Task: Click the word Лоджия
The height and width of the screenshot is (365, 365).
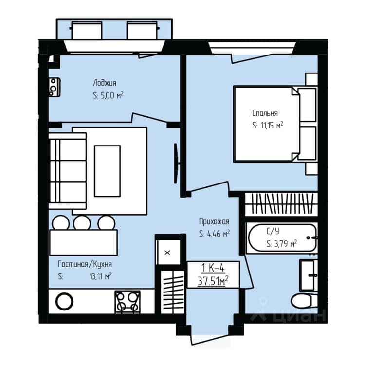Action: tap(105, 83)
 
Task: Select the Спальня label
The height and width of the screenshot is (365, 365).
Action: tap(265, 113)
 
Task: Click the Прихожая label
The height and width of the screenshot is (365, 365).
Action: tap(214, 221)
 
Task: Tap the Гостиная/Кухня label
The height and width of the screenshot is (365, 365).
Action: tap(85, 264)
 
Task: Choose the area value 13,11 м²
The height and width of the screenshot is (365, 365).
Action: tap(101, 276)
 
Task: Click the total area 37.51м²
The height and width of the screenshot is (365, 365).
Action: tap(213, 281)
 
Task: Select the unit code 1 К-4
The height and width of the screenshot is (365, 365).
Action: tap(213, 268)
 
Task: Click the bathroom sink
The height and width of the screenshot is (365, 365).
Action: tap(309, 275)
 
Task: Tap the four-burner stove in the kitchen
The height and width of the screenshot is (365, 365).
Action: tap(128, 302)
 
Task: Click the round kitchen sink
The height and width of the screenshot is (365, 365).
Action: tap(64, 301)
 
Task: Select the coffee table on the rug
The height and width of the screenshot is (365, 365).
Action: tap(108, 171)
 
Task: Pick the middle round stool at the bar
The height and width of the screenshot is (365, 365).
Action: tap(82, 223)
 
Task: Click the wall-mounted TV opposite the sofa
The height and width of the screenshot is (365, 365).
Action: tap(177, 164)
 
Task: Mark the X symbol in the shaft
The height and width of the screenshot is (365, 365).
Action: tap(167, 252)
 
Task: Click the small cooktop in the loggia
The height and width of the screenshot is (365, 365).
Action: tap(55, 88)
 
